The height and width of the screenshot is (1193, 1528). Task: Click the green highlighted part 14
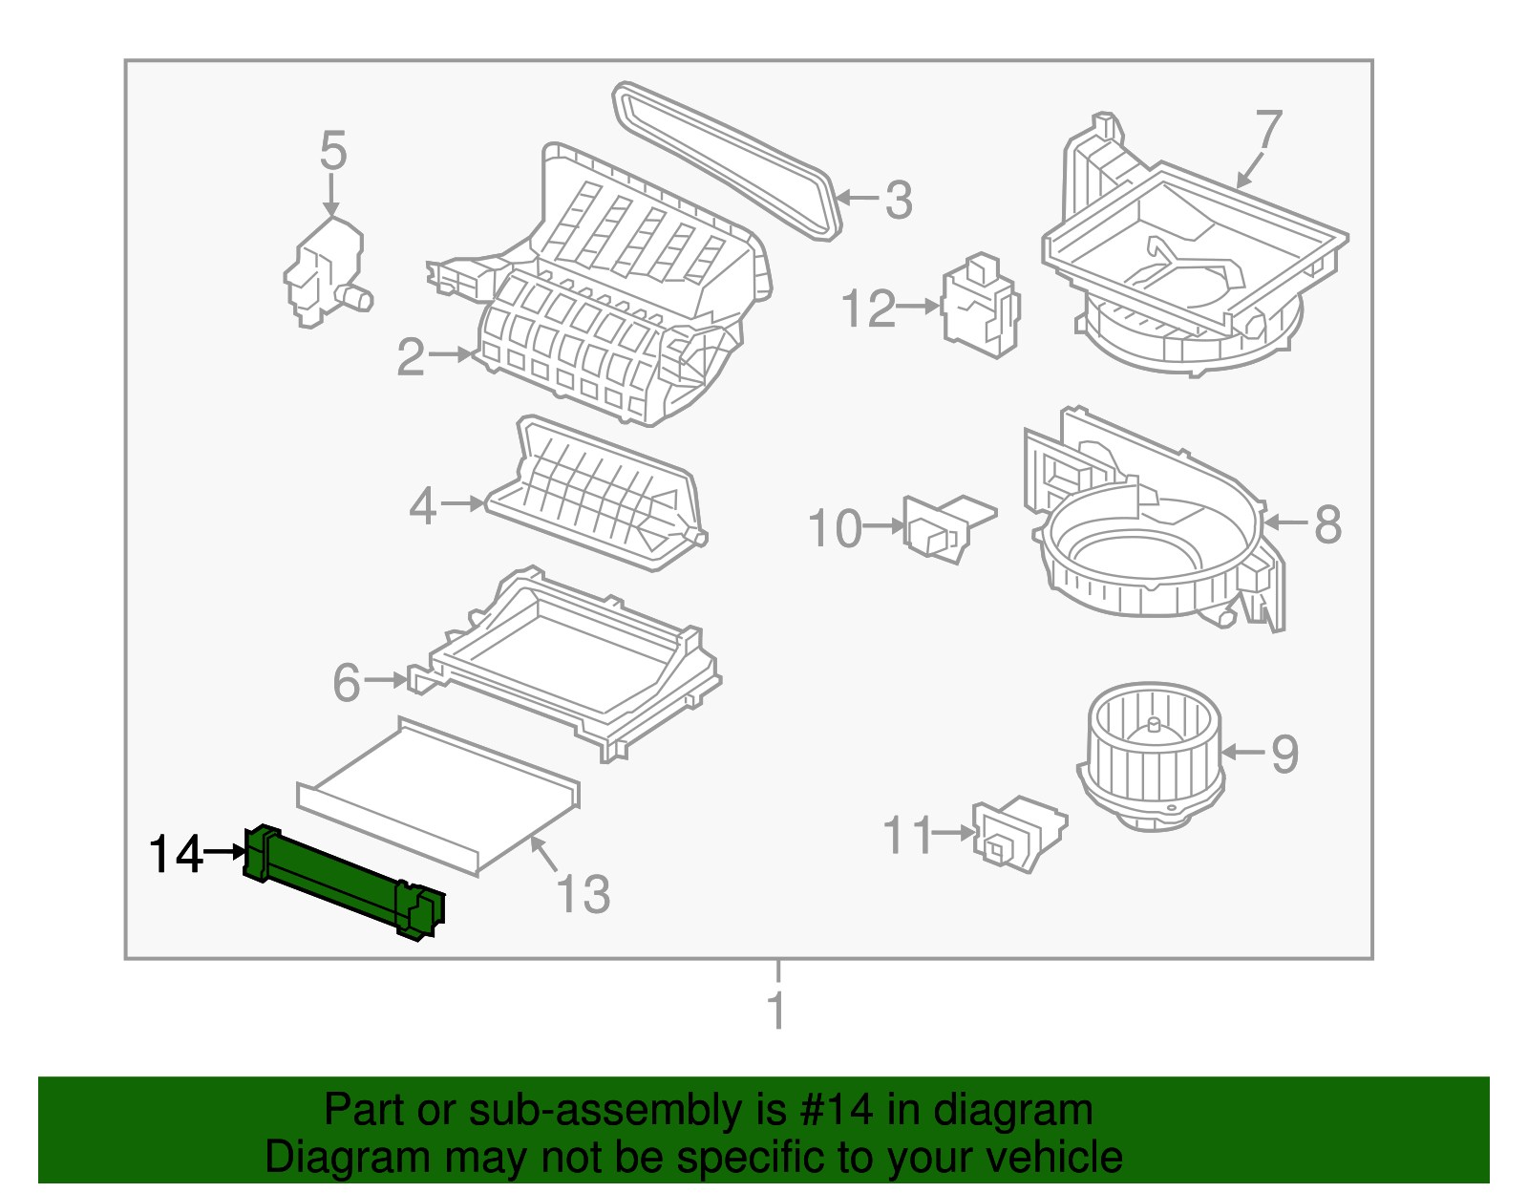click(x=344, y=881)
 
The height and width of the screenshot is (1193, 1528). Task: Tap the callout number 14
click(x=176, y=854)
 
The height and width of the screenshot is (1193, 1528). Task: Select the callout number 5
click(x=332, y=151)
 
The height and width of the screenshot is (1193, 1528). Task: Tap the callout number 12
click(x=868, y=309)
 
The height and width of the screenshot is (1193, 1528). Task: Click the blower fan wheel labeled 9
click(x=1150, y=755)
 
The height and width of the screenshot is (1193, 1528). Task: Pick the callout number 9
click(x=1285, y=755)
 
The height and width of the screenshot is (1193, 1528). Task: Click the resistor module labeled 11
click(x=1016, y=833)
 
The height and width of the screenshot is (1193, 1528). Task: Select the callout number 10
click(x=835, y=529)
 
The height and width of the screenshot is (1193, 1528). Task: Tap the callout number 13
click(x=582, y=895)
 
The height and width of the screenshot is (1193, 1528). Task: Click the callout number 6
click(x=346, y=683)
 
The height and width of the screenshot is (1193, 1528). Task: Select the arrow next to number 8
click(x=1285, y=522)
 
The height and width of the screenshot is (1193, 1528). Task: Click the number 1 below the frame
click(x=777, y=1011)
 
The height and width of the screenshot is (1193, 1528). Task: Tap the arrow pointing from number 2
click(x=452, y=354)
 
